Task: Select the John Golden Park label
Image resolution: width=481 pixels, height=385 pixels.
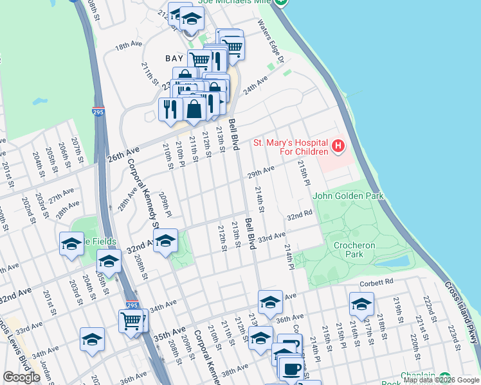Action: coord(347,196)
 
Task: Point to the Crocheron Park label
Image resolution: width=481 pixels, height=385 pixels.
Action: coord(349,250)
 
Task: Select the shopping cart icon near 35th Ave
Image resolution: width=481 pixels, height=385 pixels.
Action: coord(132,320)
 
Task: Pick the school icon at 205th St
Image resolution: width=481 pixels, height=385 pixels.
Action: coord(109,261)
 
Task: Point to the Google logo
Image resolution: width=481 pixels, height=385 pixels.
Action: coord(22,377)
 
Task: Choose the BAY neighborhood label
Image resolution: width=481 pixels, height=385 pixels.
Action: coord(174,58)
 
